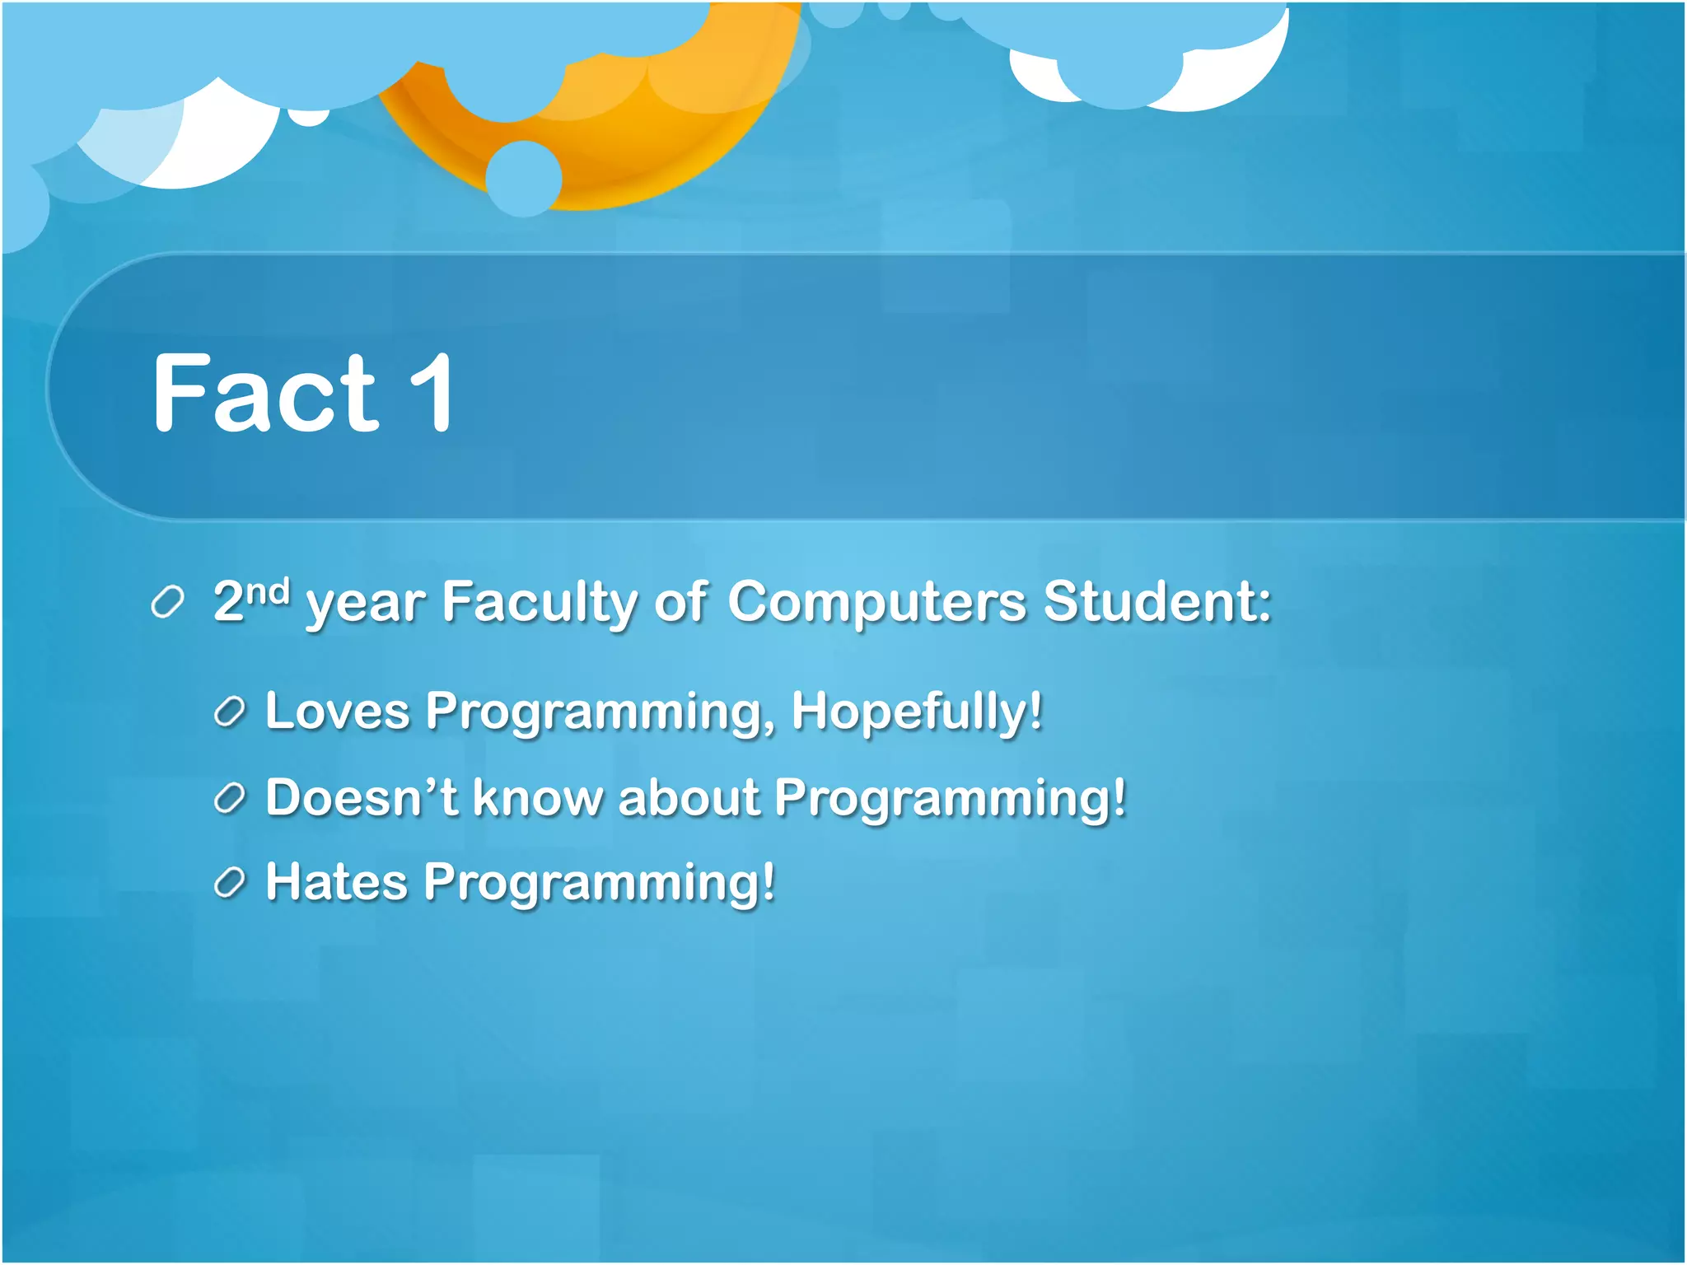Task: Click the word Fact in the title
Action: (265, 394)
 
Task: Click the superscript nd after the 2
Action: (269, 591)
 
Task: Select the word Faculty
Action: (540, 603)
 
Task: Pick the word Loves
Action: (337, 711)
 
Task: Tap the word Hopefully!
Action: (917, 711)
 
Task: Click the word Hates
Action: (336, 882)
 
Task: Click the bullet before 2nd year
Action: (167, 603)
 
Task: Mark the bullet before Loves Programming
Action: (230, 712)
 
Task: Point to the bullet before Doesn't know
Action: (230, 798)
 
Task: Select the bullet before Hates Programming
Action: (230, 884)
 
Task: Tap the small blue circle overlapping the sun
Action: (524, 178)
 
